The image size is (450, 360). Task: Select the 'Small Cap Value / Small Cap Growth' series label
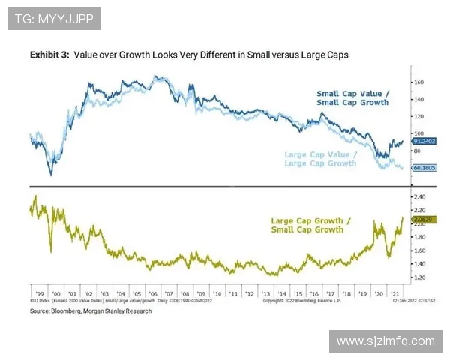coord(352,98)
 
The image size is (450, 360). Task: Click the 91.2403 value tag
coord(419,141)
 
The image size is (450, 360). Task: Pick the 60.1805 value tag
coord(419,169)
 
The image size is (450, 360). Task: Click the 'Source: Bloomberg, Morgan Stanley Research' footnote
coord(91,310)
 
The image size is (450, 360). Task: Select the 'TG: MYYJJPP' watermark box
coord(54,18)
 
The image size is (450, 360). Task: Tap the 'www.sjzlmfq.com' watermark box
coord(385,341)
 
